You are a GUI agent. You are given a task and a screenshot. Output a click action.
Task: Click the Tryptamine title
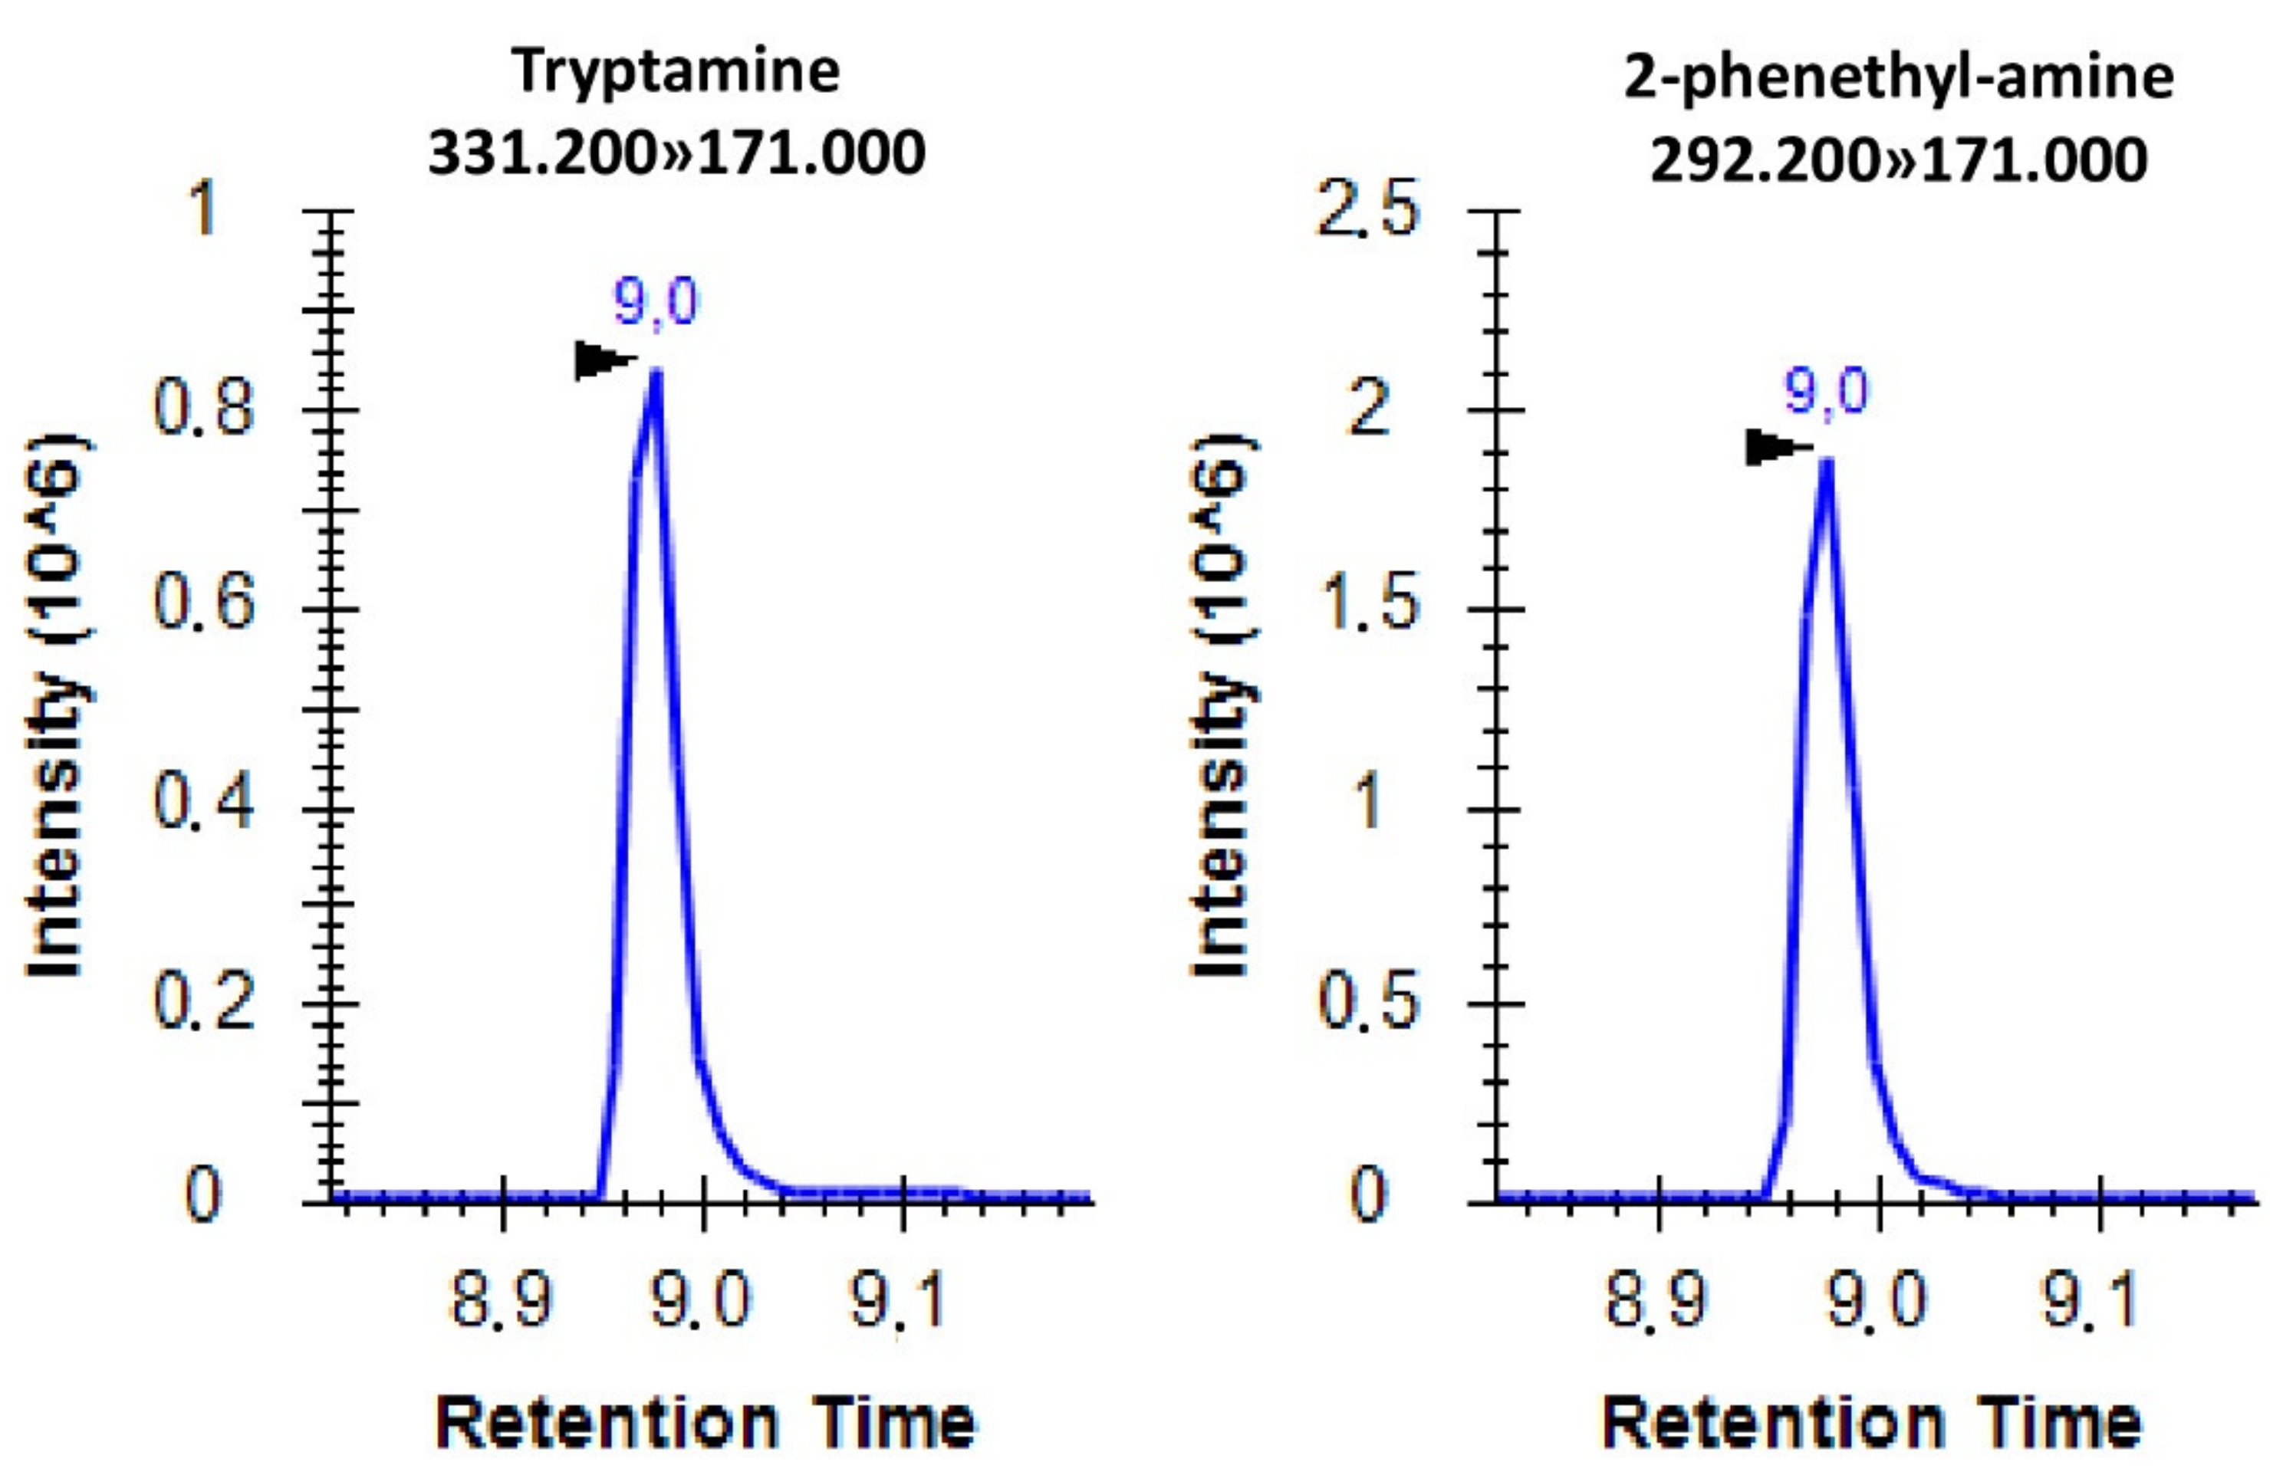676,72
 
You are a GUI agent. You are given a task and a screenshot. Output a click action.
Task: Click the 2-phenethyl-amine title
1898,77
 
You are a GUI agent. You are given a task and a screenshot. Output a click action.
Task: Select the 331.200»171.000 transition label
676,153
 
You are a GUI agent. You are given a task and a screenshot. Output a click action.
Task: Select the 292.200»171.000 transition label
1898,159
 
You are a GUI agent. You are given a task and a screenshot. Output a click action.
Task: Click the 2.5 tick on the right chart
1367,210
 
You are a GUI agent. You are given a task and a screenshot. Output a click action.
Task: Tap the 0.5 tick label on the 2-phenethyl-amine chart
1367,1004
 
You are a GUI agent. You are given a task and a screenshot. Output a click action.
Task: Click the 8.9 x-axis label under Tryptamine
502,1300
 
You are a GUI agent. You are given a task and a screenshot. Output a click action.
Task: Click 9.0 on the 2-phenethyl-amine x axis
1877,1300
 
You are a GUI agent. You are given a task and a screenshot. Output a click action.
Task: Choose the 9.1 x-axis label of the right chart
2090,1300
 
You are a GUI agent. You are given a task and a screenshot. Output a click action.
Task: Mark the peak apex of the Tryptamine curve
656,373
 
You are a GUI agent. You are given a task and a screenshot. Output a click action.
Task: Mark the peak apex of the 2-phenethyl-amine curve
1826,462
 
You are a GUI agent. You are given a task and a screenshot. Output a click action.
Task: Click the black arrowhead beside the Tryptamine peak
600,361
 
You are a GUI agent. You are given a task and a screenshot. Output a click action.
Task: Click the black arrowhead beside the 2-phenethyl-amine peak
1771,446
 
